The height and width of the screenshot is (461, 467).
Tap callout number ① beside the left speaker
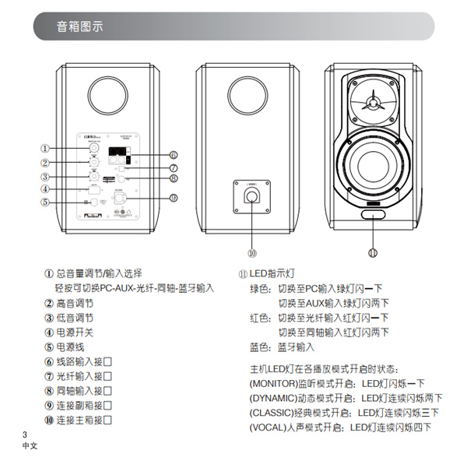45,148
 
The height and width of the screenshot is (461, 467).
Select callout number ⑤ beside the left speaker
45,202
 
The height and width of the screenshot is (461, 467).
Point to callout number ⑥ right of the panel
174,155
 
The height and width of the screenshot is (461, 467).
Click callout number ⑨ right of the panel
174,197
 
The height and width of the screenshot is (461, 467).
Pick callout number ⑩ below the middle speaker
251,253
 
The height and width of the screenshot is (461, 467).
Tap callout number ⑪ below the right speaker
373,253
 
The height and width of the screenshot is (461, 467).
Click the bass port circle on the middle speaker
251,91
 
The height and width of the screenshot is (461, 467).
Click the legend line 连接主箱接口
84,420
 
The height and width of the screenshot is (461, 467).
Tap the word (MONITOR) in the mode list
272,383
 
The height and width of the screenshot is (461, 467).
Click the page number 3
25,434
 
